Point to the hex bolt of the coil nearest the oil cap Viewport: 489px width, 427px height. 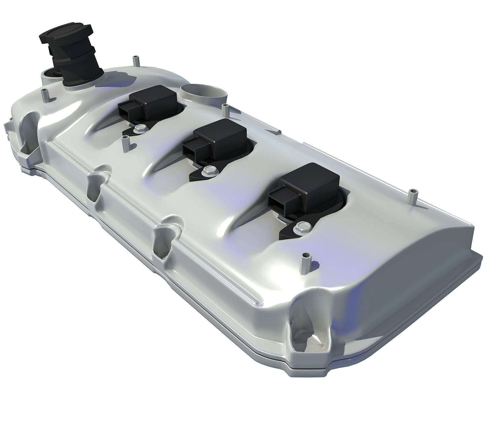141,128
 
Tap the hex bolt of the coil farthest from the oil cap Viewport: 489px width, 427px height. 301,227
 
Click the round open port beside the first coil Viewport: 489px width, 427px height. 204,91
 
